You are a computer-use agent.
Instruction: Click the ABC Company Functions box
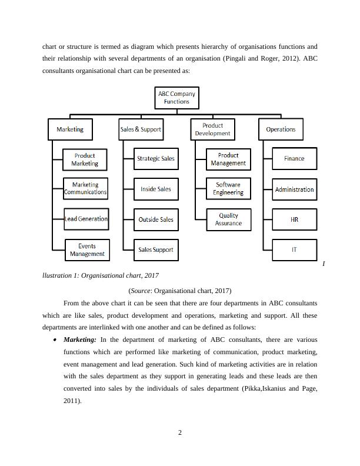click(176, 98)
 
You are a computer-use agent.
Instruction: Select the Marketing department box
click(70, 129)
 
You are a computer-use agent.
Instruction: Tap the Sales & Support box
click(141, 129)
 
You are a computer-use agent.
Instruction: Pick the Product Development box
click(212, 129)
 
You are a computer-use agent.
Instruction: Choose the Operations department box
click(281, 129)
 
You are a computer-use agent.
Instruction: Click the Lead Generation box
click(86, 219)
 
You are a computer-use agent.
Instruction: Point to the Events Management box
click(87, 249)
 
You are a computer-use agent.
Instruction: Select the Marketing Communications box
click(85, 188)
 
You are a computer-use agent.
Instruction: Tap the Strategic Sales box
click(156, 158)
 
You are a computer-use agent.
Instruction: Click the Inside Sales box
click(156, 189)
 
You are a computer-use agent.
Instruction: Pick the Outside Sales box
click(156, 219)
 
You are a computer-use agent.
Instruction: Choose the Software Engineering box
click(228, 189)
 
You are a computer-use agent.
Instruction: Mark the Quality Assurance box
click(228, 219)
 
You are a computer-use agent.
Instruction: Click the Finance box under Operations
click(294, 158)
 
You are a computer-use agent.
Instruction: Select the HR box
click(294, 219)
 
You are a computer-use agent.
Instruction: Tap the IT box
click(294, 249)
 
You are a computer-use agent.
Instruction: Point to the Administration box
click(294, 189)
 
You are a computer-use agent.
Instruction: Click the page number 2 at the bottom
click(180, 434)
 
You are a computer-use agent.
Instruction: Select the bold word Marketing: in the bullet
click(79, 339)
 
